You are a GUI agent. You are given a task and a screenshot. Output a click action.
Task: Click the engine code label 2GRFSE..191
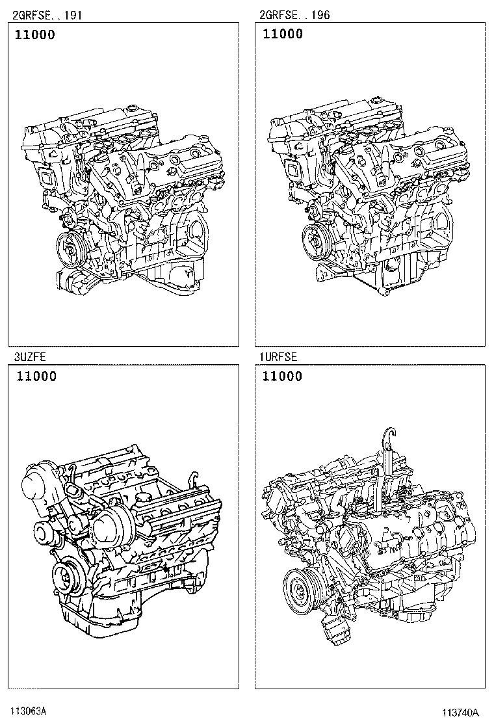click(47, 15)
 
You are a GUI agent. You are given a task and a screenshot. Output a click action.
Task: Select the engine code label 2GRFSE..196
click(294, 15)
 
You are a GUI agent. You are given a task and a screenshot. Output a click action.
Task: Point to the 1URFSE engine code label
click(278, 356)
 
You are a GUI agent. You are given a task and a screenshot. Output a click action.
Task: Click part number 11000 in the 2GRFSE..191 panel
click(34, 34)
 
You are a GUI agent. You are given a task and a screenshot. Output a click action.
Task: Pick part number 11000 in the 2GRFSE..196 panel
click(283, 34)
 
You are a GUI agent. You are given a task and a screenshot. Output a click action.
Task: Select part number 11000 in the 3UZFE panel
click(36, 376)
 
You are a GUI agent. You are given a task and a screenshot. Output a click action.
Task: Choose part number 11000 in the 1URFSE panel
click(282, 376)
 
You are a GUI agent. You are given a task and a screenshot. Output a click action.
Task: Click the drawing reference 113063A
click(29, 711)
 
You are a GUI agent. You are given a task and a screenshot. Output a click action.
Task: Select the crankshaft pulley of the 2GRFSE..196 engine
click(317, 241)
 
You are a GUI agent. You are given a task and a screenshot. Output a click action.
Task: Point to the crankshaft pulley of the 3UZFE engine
click(65, 575)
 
